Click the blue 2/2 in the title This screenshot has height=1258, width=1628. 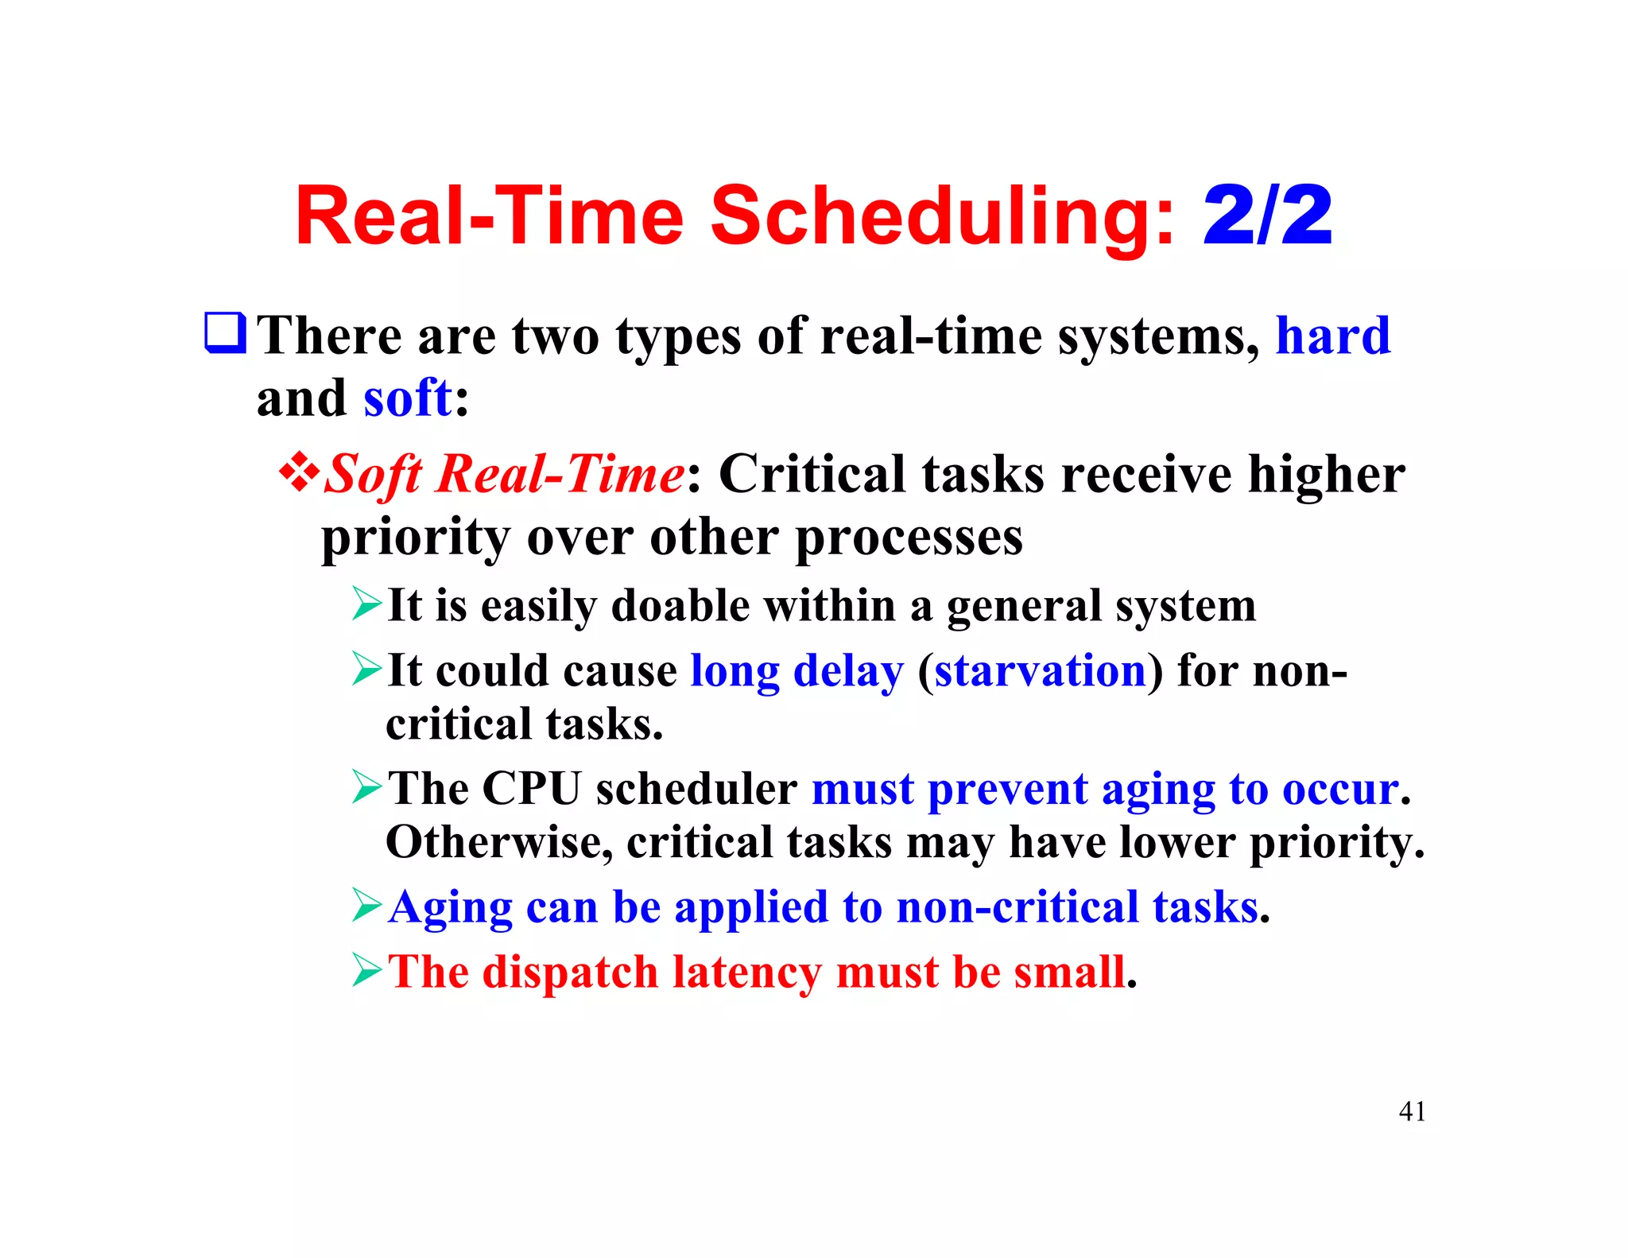pos(1267,216)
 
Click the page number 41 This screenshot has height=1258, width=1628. pos(1412,1111)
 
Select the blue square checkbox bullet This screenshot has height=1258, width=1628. pos(226,333)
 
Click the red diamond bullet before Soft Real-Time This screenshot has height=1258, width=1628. pos(299,472)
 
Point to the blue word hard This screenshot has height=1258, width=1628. pos(1333,336)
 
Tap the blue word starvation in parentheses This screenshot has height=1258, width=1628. pos(1040,670)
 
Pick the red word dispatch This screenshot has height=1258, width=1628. pos(570,972)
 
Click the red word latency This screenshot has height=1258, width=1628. pos(746,972)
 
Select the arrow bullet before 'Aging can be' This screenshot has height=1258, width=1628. pos(367,906)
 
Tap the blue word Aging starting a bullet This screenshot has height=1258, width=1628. pos(450,908)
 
